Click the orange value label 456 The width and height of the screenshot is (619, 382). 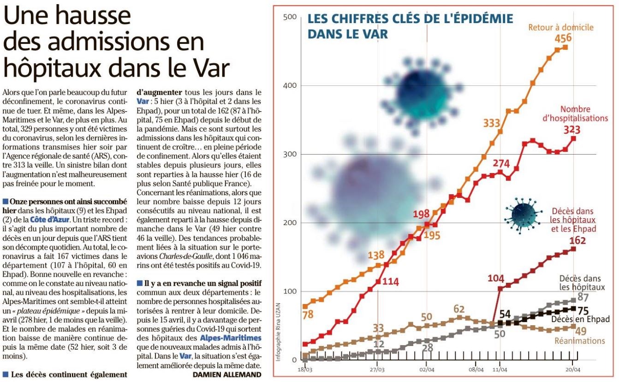click(563, 38)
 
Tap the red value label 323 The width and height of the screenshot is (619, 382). click(572, 130)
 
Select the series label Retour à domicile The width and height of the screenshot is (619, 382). click(561, 27)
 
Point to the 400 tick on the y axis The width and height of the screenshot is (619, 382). click(290, 85)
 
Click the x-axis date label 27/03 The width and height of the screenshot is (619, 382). click(377, 370)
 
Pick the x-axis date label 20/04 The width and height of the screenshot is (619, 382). click(572, 370)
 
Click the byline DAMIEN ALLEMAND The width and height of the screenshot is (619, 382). click(227, 375)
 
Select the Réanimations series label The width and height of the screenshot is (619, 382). click(580, 340)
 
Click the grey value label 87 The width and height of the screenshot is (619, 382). click(583, 297)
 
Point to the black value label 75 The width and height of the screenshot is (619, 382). click(583, 311)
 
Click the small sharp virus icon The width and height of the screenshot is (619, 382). click(522, 215)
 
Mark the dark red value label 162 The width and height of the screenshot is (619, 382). click(577, 240)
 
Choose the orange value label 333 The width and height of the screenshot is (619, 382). click(492, 123)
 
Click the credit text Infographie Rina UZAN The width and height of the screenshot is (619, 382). click(278, 332)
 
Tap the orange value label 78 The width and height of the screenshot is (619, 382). click(308, 315)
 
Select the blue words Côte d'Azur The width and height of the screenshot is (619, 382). click(49, 220)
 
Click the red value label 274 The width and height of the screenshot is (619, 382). click(501, 164)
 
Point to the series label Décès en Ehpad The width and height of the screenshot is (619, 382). click(580, 319)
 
